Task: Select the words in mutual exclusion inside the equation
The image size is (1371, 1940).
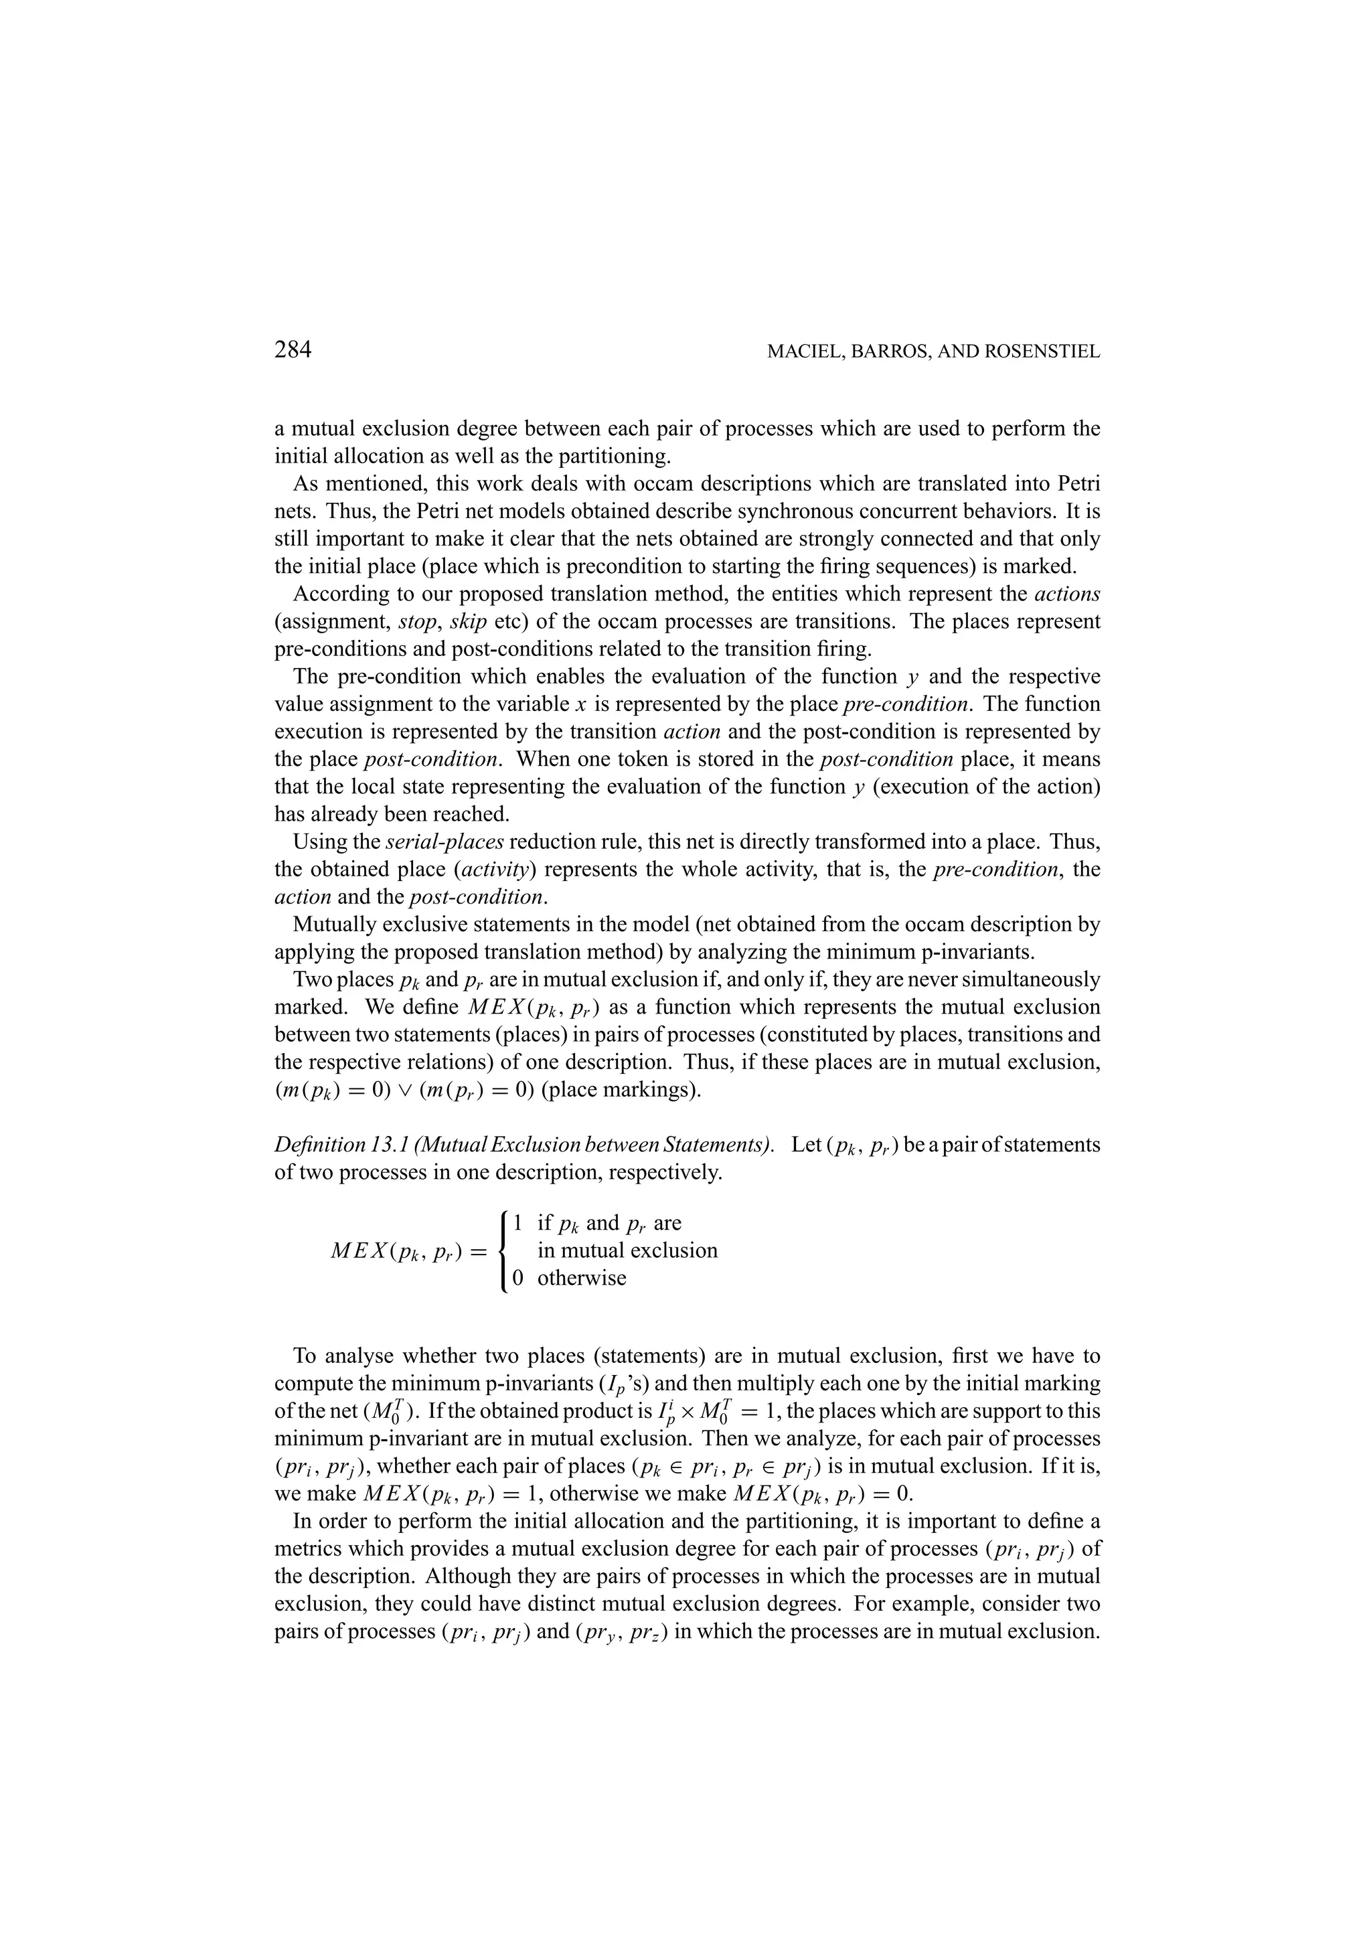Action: (627, 1250)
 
